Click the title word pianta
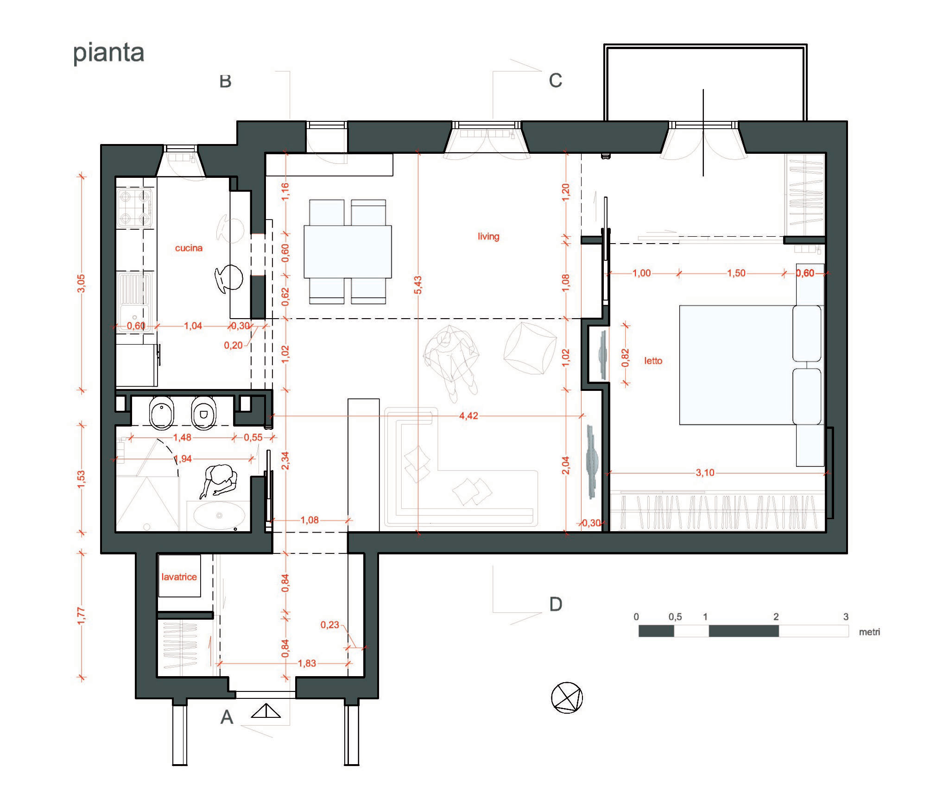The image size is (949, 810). [109, 53]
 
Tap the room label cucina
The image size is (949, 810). [189, 248]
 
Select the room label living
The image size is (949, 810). [488, 236]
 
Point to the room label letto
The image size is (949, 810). [653, 360]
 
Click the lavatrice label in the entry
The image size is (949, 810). [179, 577]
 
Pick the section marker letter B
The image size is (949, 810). [225, 81]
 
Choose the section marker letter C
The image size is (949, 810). [555, 80]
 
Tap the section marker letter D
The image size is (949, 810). [556, 604]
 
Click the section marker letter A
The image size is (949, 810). [227, 717]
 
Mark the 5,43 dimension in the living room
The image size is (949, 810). [418, 285]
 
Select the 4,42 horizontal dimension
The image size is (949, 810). [468, 415]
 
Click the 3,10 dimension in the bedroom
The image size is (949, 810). [705, 472]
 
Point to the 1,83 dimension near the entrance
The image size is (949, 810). [307, 663]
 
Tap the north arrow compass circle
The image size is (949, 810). [567, 697]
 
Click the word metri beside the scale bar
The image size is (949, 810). [869, 632]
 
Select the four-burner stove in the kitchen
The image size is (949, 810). [134, 208]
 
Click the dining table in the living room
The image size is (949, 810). [348, 251]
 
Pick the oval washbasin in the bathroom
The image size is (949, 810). [219, 515]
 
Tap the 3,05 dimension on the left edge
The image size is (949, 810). [81, 283]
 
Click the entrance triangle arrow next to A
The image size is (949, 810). [266, 711]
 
